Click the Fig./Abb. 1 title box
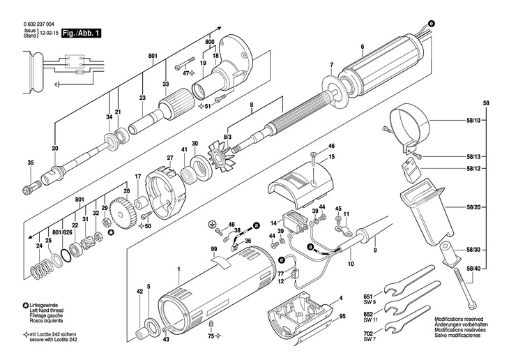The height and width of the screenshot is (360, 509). (x=81, y=33)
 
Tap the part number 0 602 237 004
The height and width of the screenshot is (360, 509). (x=39, y=24)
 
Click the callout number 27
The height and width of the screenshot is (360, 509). (x=169, y=158)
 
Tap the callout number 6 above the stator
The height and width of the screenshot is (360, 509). (x=363, y=47)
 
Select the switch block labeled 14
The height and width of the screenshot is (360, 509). (x=295, y=223)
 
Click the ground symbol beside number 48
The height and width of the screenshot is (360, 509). (x=212, y=223)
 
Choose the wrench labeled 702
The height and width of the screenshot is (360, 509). (x=410, y=327)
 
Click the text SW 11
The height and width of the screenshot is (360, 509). (x=369, y=320)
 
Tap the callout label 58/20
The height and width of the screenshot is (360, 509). (x=473, y=207)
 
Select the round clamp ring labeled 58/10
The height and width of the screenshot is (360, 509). (x=410, y=124)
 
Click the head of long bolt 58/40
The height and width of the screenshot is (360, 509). (x=473, y=306)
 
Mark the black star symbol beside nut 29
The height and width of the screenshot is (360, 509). (x=111, y=232)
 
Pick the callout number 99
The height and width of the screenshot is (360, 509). (x=213, y=249)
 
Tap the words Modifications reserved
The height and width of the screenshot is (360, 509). (x=459, y=320)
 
